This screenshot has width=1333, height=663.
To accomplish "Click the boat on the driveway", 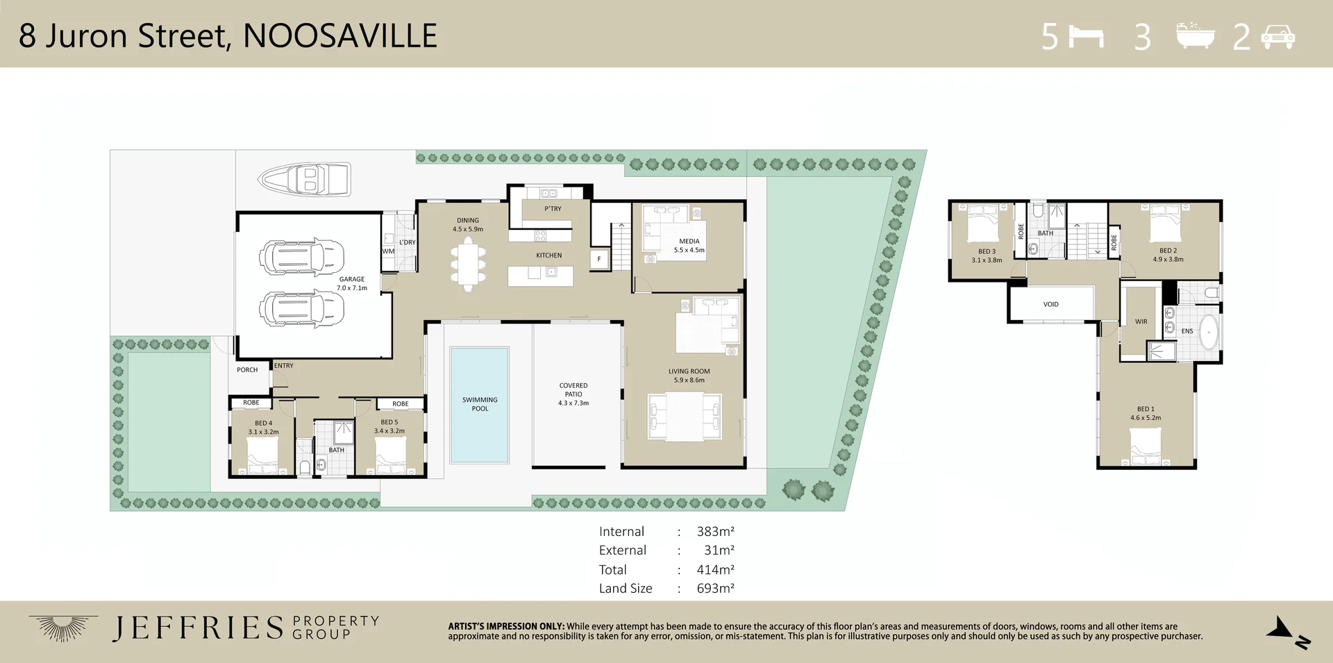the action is click(304, 179).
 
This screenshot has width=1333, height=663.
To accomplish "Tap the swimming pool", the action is click(480, 405).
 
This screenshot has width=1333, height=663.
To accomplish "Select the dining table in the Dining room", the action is click(468, 265).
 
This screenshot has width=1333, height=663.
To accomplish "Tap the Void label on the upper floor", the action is click(1051, 304).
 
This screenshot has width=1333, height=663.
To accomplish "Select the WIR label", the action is click(1141, 321).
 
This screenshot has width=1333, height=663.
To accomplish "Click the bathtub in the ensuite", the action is click(1209, 333).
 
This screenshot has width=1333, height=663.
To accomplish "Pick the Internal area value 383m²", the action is click(716, 531).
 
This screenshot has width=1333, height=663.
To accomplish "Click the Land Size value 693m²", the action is click(716, 588).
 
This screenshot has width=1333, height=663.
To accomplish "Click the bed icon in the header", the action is click(1087, 36).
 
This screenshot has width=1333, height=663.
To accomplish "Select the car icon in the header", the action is click(1277, 36).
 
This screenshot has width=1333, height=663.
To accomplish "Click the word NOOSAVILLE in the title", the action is click(340, 36).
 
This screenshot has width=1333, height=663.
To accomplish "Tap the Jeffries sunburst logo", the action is click(62, 628).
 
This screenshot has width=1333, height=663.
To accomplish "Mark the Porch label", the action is click(247, 370).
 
